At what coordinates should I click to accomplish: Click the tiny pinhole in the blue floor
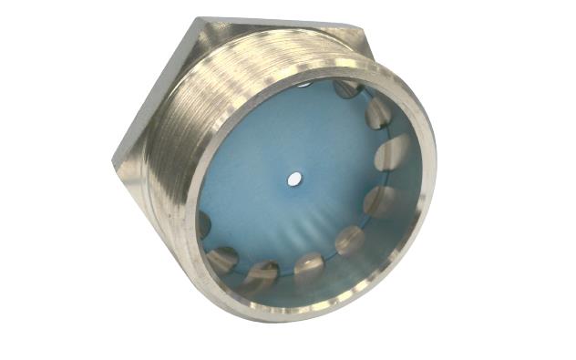(293, 180)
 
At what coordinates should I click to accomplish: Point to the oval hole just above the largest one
(378, 112)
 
